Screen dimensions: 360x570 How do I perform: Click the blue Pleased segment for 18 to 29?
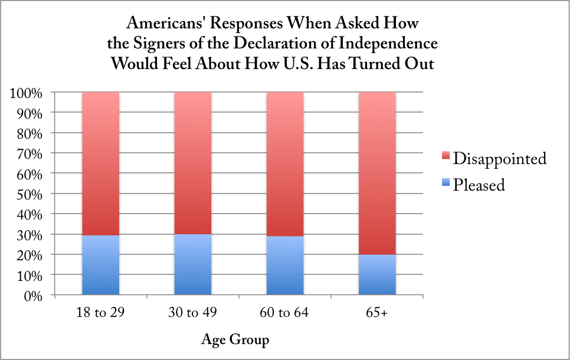pyautogui.click(x=100, y=265)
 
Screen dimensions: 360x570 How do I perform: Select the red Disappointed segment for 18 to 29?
pyautogui.click(x=100, y=163)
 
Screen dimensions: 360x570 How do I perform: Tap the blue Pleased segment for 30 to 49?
pyautogui.click(x=192, y=264)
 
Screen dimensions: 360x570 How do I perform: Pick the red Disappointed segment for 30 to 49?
pyautogui.click(x=192, y=163)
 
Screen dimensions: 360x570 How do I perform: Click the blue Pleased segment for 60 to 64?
pyautogui.click(x=285, y=266)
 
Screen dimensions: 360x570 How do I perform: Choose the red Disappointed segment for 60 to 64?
pyautogui.click(x=285, y=164)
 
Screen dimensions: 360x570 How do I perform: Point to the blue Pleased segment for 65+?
pyautogui.click(x=377, y=274)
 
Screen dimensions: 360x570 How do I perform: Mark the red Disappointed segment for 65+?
pyautogui.click(x=377, y=173)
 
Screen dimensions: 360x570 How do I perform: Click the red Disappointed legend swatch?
pyautogui.click(x=446, y=159)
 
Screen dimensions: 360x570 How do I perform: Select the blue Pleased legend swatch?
pyautogui.click(x=446, y=185)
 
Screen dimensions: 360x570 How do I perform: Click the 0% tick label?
pyautogui.click(x=33, y=296)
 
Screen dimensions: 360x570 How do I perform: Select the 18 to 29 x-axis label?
pyautogui.click(x=100, y=313)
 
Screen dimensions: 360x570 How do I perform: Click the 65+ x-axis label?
pyautogui.click(x=377, y=313)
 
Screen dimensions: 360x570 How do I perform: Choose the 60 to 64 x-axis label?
pyautogui.click(x=285, y=313)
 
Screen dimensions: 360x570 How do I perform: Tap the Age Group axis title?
pyautogui.click(x=235, y=340)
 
